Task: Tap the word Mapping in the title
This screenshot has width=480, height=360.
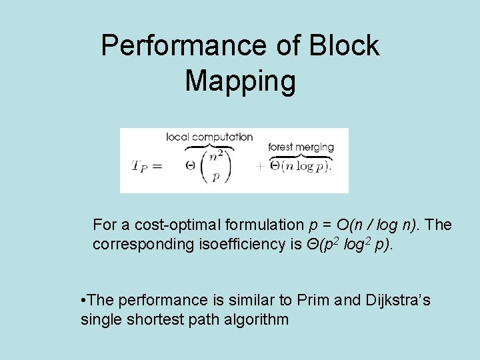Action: tap(240, 81)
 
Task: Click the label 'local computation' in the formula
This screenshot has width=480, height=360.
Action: tap(209, 137)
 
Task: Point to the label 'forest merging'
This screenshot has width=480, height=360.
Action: tap(300, 147)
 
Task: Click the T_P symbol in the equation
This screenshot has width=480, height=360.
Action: tap(141, 166)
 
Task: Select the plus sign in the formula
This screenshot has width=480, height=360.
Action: tap(260, 167)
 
